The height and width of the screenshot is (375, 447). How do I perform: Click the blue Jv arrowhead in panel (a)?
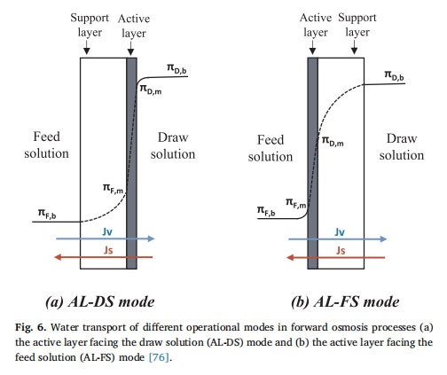coord(151,238)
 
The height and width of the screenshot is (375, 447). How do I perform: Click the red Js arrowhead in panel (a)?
coord(59,257)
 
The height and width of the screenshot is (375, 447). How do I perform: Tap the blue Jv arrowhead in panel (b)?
coord(383,239)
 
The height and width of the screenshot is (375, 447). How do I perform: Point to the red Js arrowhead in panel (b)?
coord(291,258)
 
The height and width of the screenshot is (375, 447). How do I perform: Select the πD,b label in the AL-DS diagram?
coord(176,68)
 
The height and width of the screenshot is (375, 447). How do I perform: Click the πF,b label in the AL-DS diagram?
coord(47,214)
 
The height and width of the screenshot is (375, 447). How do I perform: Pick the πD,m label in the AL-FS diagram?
coord(333,141)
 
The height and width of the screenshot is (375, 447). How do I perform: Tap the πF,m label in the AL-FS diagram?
coord(296,203)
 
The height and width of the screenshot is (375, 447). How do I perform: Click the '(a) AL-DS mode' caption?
coord(100,302)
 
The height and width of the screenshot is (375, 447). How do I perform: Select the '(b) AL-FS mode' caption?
coord(345,302)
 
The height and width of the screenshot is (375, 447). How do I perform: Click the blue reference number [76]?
coord(160,357)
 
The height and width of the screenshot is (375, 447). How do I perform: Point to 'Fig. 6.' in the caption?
coord(31,327)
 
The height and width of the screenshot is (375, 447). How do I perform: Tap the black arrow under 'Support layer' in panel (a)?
coord(86,47)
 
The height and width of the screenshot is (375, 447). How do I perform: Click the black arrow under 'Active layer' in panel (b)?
coord(312,47)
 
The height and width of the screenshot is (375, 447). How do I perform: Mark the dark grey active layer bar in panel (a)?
coord(131,163)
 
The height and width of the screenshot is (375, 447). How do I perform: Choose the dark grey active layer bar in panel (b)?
coord(313,163)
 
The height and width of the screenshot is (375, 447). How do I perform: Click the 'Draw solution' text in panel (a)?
coord(173,146)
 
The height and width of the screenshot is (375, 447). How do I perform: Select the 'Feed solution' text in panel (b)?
coord(271,148)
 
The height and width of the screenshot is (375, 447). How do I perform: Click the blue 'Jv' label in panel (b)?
coord(340,232)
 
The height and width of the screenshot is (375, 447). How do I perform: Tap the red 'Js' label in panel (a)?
coord(108,250)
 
